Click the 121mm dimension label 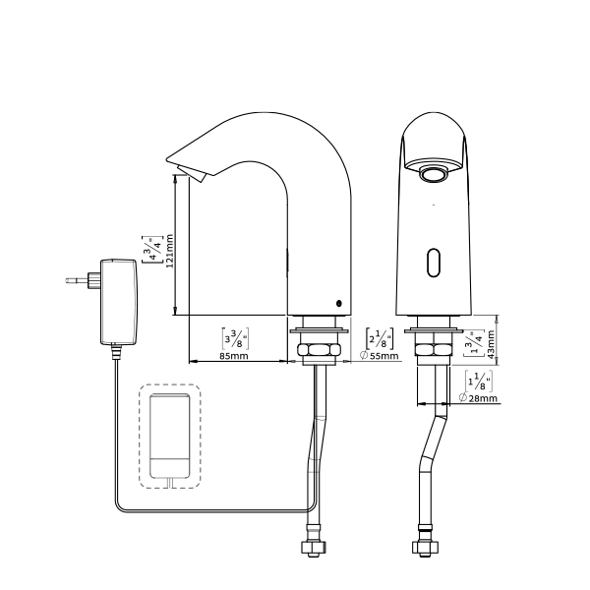[x=170, y=251]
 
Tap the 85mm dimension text [x=234, y=356]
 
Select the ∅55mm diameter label [x=379, y=356]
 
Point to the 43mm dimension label [x=491, y=345]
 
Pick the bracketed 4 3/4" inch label [x=152, y=250]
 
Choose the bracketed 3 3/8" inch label [x=235, y=338]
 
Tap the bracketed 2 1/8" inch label [x=380, y=338]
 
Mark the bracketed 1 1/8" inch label [x=478, y=382]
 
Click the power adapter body [x=119, y=302]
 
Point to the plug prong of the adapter [x=77, y=280]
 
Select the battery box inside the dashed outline [x=170, y=436]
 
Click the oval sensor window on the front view [x=434, y=263]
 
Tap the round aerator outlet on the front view [x=434, y=175]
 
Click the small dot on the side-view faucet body [x=339, y=303]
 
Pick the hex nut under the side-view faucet [x=319, y=349]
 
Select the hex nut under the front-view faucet [x=434, y=349]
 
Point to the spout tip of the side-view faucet [x=167, y=158]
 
